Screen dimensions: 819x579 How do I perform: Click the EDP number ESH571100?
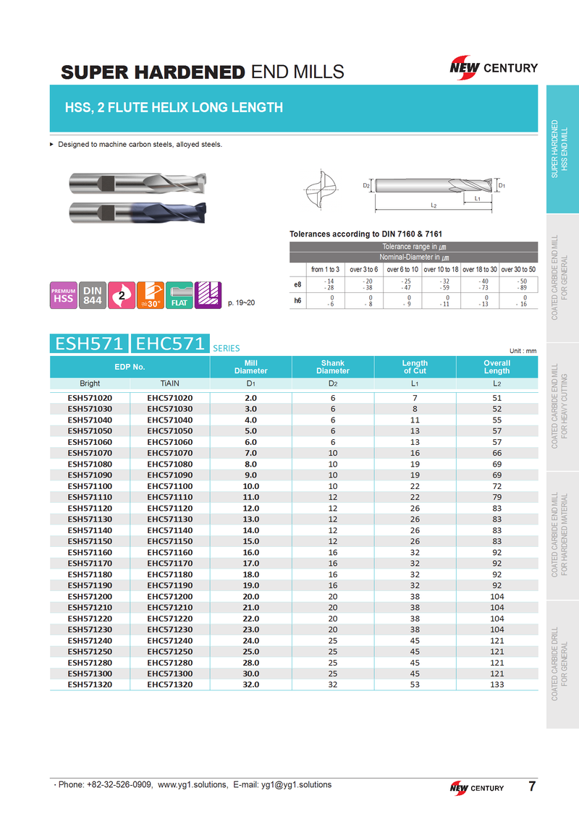point(90,486)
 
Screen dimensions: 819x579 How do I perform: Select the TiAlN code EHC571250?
point(170,651)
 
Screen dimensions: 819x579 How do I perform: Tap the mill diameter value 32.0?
point(251,684)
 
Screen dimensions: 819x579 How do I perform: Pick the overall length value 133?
point(496,684)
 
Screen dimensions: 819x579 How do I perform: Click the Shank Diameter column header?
point(333,367)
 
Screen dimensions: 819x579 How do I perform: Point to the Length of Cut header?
point(415,367)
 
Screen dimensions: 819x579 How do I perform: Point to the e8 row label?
point(297,284)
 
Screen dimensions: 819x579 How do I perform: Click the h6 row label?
point(297,300)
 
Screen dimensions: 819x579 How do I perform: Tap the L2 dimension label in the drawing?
point(433,206)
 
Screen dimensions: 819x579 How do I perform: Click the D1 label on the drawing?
point(502,185)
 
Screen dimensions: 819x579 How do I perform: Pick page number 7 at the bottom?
point(532,786)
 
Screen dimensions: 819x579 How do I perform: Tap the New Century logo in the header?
point(493,68)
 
